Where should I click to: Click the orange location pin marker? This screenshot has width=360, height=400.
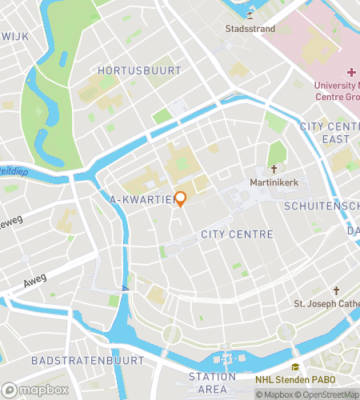coord(180,198)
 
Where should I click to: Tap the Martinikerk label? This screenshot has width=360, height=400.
coord(274,183)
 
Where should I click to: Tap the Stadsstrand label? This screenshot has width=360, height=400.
coord(250,30)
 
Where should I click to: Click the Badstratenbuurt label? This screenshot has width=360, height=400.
coord(88,361)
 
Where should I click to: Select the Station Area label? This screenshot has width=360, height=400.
coord(212,382)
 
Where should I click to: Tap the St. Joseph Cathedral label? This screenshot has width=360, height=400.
coord(326,303)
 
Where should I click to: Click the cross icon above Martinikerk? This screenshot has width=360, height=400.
coord(274,170)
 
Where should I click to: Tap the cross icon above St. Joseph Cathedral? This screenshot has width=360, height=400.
coord(336,290)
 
